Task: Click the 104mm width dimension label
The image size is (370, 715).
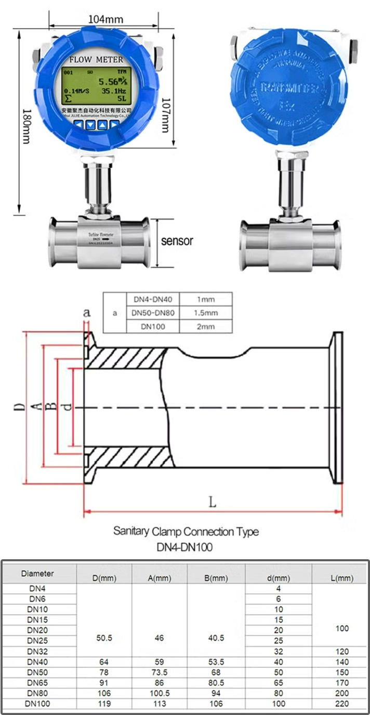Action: click(105, 19)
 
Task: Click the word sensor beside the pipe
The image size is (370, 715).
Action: click(177, 241)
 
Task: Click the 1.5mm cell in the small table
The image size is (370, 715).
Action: click(205, 313)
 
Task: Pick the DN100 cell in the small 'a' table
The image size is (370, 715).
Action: click(153, 327)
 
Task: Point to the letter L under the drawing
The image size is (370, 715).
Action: click(212, 502)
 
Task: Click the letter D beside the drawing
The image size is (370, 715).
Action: click(19, 406)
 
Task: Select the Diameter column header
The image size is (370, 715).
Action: click(37, 574)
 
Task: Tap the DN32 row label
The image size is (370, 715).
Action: click(38, 651)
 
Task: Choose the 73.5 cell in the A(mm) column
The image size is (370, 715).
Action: click(160, 672)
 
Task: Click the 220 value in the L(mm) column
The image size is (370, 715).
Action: click(342, 704)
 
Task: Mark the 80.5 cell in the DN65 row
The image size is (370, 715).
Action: click(215, 683)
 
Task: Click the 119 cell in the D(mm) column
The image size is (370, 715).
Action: click(104, 704)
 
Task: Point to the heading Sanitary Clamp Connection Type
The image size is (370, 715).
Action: click(186, 532)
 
